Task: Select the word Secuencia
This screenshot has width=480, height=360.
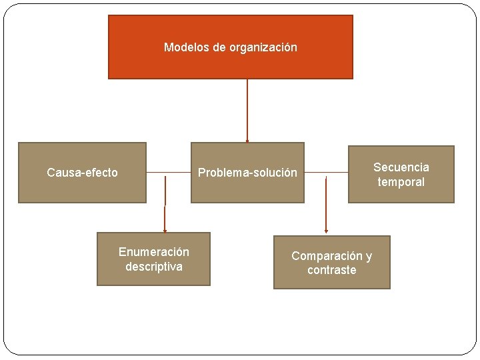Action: pyautogui.click(x=401, y=167)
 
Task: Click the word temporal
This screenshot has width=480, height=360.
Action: pyautogui.click(x=401, y=182)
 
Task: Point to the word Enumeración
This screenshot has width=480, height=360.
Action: pyautogui.click(x=153, y=252)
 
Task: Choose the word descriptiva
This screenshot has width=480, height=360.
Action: pyautogui.click(x=153, y=267)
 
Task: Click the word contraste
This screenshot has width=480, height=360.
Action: pyautogui.click(x=331, y=270)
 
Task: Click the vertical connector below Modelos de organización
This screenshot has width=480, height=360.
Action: pyautogui.click(x=247, y=110)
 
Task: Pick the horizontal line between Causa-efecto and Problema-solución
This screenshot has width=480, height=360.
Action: pyautogui.click(x=168, y=173)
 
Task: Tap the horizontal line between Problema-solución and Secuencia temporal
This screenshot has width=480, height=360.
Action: pyautogui.click(x=326, y=173)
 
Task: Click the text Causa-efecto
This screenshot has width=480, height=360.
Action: pyautogui.click(x=82, y=173)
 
